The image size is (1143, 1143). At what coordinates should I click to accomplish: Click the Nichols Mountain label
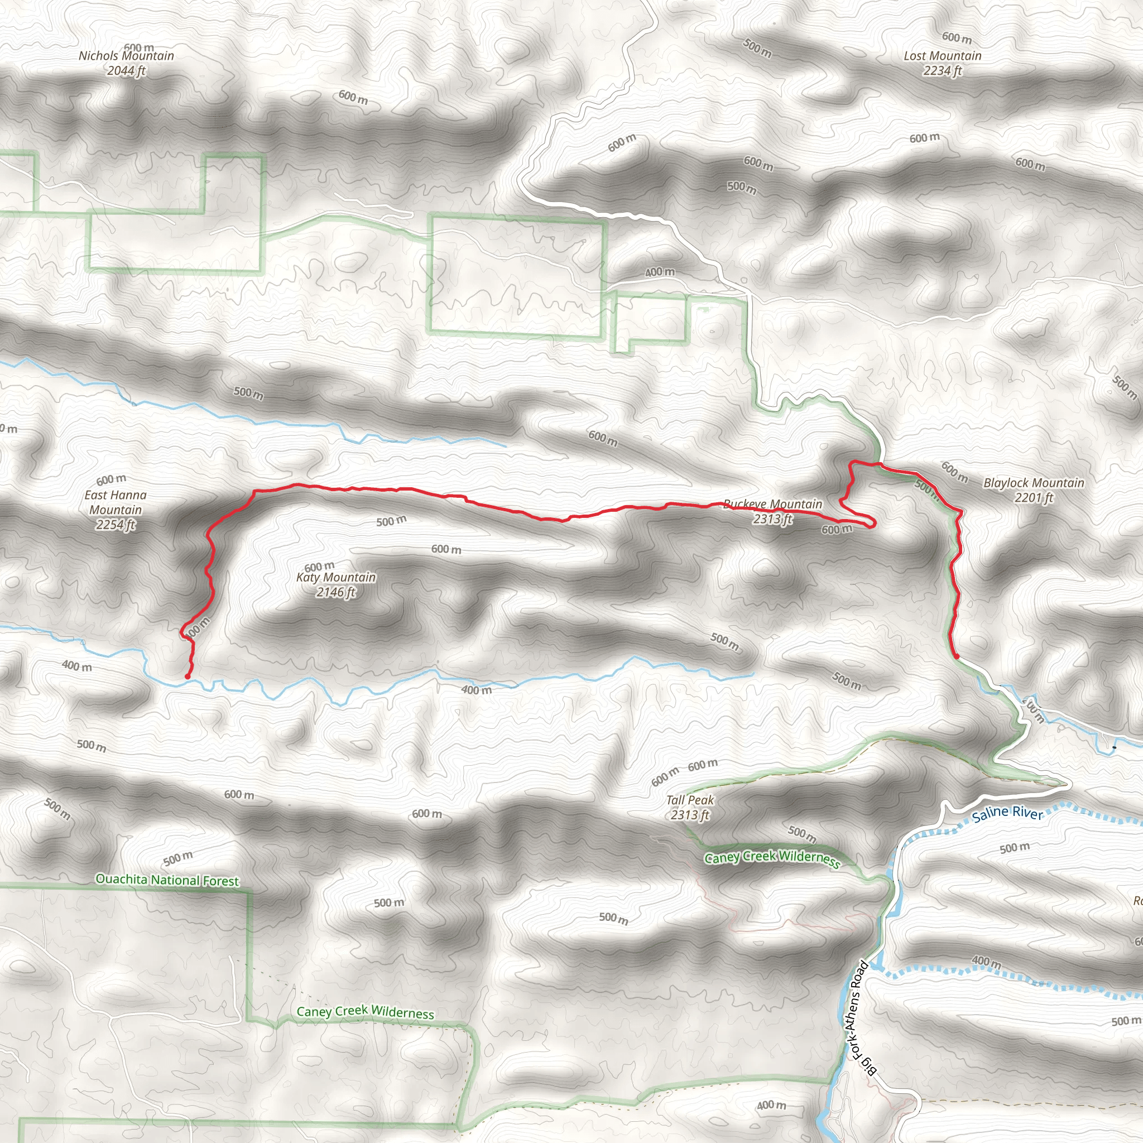point(127,56)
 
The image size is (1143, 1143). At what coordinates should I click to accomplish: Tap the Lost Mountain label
point(943,56)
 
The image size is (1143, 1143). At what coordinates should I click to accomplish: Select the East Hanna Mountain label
point(116,502)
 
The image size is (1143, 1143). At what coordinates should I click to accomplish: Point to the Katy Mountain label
point(336,578)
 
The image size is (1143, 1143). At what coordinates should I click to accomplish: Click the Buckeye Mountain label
point(772,505)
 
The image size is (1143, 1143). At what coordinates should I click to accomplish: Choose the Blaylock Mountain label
point(1034,483)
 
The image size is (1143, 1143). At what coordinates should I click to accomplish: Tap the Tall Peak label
point(690,800)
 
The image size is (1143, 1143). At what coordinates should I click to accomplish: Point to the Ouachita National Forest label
point(167,880)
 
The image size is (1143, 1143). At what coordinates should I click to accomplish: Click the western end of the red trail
point(188,676)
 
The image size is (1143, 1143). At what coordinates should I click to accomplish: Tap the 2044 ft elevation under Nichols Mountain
point(127,71)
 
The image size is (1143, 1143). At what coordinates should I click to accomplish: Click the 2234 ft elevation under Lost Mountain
point(943,71)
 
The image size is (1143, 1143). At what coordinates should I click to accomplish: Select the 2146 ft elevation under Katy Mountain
point(336,592)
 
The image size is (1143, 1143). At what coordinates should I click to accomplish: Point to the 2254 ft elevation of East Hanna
point(116,525)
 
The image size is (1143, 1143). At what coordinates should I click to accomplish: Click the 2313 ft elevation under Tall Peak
point(690,815)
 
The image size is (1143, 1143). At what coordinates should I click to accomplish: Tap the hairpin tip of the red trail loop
point(873,524)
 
